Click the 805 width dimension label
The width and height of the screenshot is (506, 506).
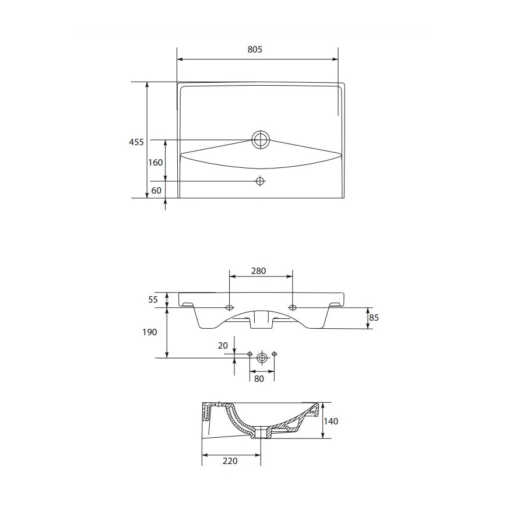pyautogui.click(x=255, y=50)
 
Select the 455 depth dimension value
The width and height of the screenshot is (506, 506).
pyautogui.click(x=136, y=142)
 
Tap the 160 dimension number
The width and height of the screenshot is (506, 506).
pyautogui.click(x=155, y=163)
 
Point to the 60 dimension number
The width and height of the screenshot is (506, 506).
pyautogui.click(x=156, y=191)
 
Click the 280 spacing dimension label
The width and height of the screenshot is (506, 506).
pyautogui.click(x=258, y=271)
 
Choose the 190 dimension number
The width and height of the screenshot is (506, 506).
pyautogui.click(x=150, y=332)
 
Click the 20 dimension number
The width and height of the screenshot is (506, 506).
pyautogui.click(x=223, y=346)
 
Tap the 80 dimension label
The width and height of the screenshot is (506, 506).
pyautogui.click(x=259, y=378)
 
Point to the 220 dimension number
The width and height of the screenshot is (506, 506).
pyautogui.click(x=230, y=461)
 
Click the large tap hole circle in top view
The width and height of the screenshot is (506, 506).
pyautogui.click(x=261, y=139)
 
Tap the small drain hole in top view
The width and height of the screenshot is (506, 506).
pyautogui.click(x=260, y=181)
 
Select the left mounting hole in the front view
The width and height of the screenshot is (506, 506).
pyautogui.click(x=229, y=307)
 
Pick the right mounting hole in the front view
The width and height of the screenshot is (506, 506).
pyautogui.click(x=293, y=307)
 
